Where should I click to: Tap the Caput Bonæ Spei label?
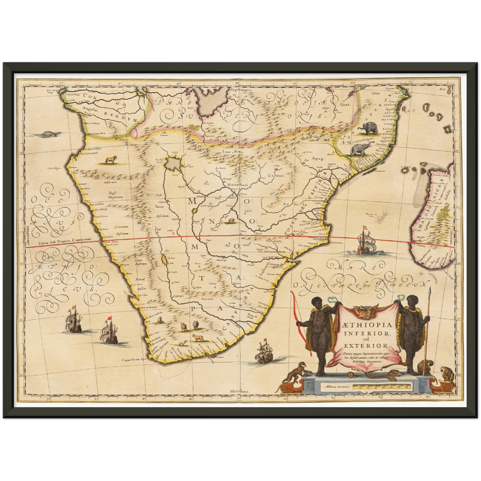(134, 360)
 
